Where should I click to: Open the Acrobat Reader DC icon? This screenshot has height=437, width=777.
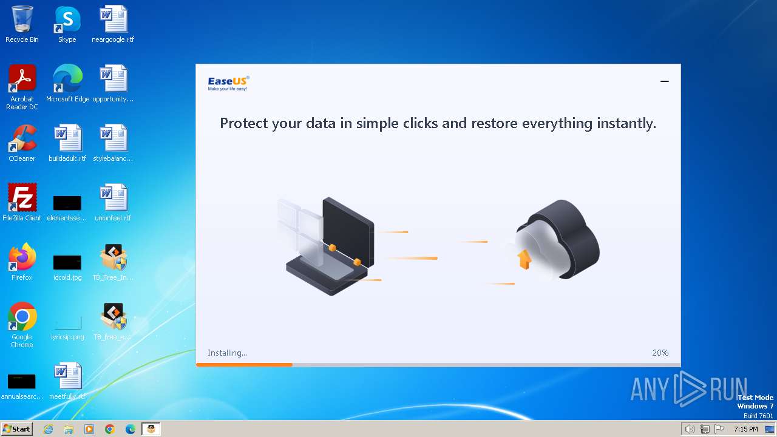pyautogui.click(x=22, y=79)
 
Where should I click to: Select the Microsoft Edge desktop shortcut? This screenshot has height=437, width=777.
pyautogui.click(x=67, y=79)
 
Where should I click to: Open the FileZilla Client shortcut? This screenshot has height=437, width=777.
pyautogui.click(x=22, y=198)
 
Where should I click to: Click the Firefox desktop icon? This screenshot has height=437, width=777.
pyautogui.click(x=22, y=257)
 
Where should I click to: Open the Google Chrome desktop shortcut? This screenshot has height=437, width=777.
pyautogui.click(x=22, y=317)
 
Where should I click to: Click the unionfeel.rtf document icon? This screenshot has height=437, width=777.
pyautogui.click(x=113, y=198)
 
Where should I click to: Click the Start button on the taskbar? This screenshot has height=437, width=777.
pyautogui.click(x=16, y=429)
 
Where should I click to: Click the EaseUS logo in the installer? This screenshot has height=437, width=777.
pyautogui.click(x=228, y=83)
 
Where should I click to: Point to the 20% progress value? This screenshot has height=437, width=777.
pyautogui.click(x=660, y=353)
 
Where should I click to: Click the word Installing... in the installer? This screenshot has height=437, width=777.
pyautogui.click(x=227, y=353)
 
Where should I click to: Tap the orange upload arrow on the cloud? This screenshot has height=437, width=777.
pyautogui.click(x=524, y=260)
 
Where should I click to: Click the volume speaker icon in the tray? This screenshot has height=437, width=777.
pyautogui.click(x=690, y=429)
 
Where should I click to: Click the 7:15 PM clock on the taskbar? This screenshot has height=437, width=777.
pyautogui.click(x=745, y=429)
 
